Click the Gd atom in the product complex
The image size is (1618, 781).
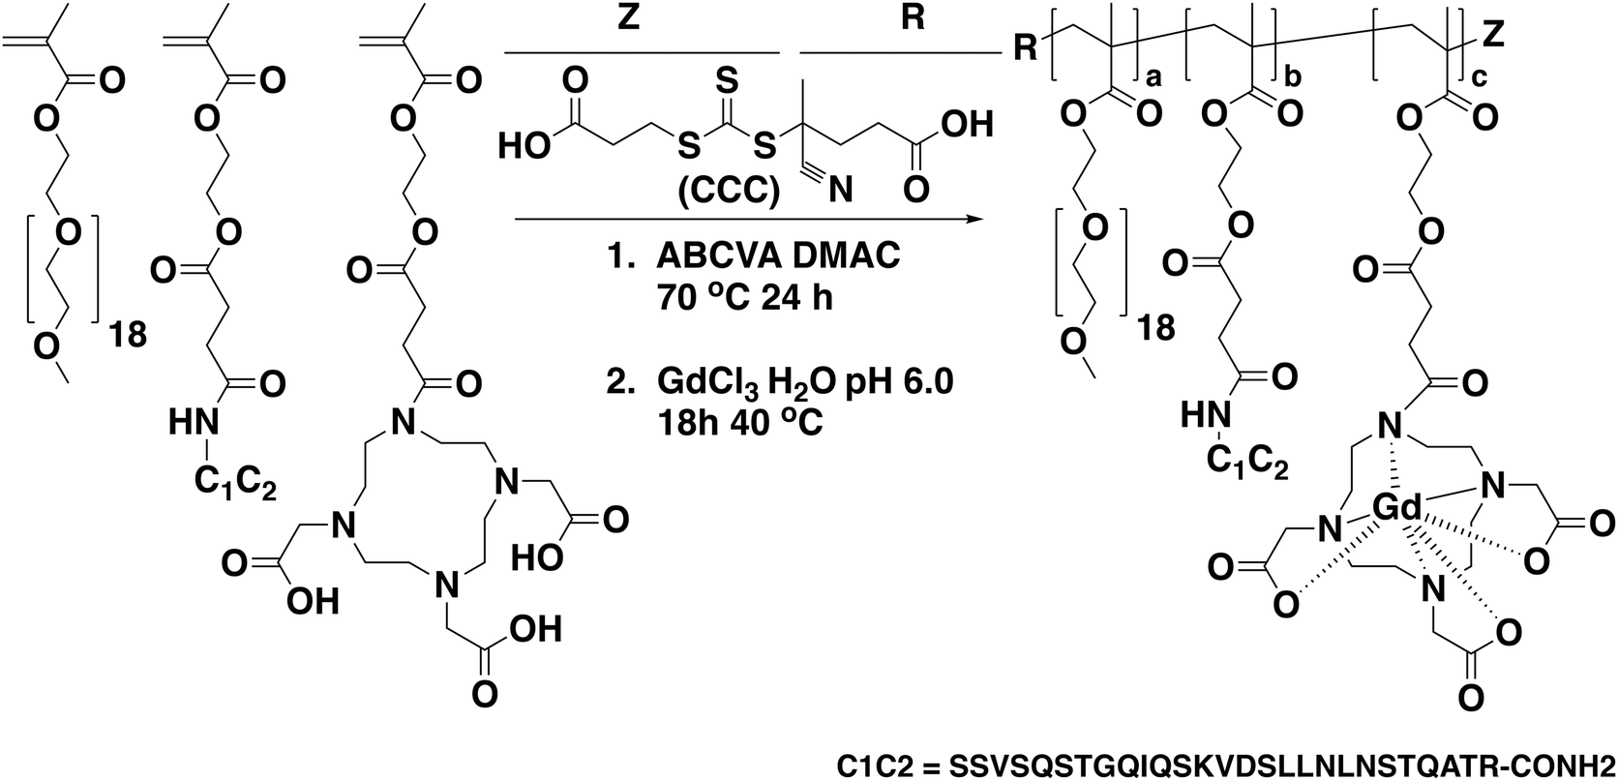click(x=1395, y=510)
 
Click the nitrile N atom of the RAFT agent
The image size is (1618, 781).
click(x=839, y=190)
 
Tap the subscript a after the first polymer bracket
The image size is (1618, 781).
click(x=1154, y=78)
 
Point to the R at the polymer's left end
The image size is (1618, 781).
click(x=1025, y=48)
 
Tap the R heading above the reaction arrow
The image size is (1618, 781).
click(x=913, y=17)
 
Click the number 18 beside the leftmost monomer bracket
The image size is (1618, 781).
click(x=127, y=335)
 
